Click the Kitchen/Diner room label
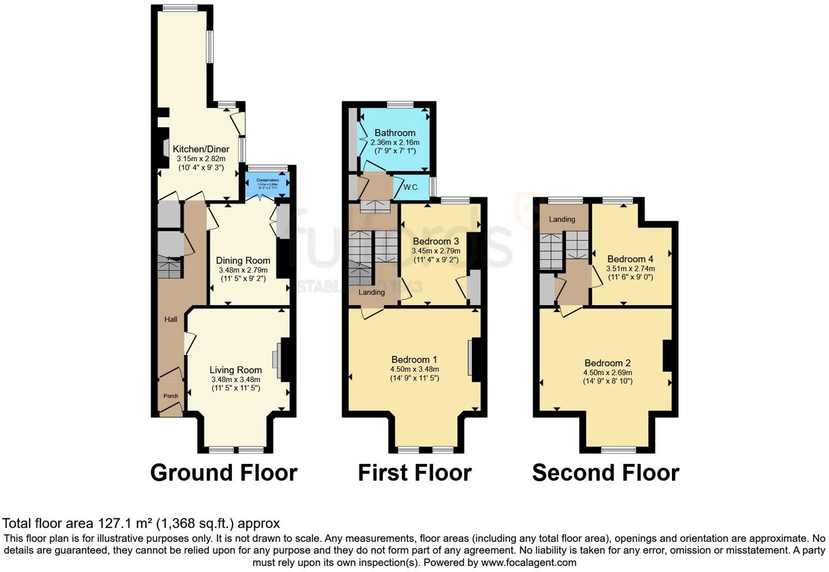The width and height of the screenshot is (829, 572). [x=201, y=149]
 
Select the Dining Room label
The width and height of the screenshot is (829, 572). [x=243, y=260]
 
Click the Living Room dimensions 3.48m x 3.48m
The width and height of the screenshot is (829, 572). [x=236, y=379]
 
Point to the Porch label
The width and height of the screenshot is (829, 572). [x=171, y=396]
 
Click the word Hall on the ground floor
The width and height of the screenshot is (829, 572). [x=171, y=319]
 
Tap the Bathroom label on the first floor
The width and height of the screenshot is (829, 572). [x=395, y=133]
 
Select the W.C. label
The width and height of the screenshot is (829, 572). [x=411, y=187]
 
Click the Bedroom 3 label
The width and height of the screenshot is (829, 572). [x=436, y=241]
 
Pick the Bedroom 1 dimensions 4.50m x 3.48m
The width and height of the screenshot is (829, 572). [x=414, y=369]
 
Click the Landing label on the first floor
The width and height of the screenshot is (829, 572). [x=371, y=292]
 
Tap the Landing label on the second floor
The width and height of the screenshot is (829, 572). [x=562, y=219]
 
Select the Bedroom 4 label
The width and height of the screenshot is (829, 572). [x=630, y=259]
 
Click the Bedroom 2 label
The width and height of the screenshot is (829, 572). [x=608, y=363]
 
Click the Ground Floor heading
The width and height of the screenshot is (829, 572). [x=224, y=473]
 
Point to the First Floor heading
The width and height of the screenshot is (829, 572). [x=414, y=473]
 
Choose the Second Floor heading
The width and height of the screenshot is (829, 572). [x=605, y=473]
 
